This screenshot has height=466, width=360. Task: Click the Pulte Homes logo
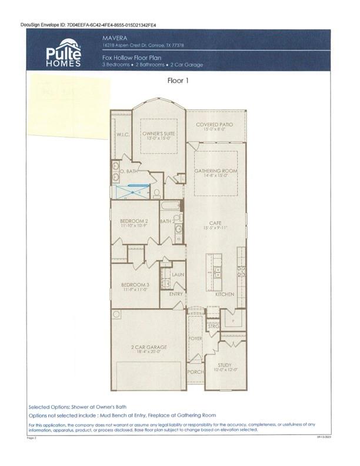pyautogui.click(x=64, y=52)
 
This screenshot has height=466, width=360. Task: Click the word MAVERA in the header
pyautogui.click(x=112, y=36)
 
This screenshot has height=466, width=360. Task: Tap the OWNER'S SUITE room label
pyautogui.click(x=156, y=134)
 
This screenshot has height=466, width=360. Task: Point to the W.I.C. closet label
pyautogui.click(x=122, y=134)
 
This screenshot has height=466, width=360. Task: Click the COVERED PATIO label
pyautogui.click(x=214, y=125)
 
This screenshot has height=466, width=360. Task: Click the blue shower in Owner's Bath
pyautogui.click(x=132, y=191)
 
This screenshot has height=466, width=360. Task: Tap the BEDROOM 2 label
pyautogui.click(x=134, y=221)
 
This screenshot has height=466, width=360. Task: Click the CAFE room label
pyautogui.click(x=215, y=224)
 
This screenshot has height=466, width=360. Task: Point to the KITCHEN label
pyautogui.click(x=224, y=294)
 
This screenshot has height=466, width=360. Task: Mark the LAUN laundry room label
pyautogui.click(x=178, y=274)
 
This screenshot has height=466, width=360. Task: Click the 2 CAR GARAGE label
pyautogui.click(x=148, y=347)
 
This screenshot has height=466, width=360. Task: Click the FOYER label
pyautogui.click(x=195, y=339)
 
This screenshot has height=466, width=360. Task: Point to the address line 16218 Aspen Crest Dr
pyautogui.click(x=143, y=44)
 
